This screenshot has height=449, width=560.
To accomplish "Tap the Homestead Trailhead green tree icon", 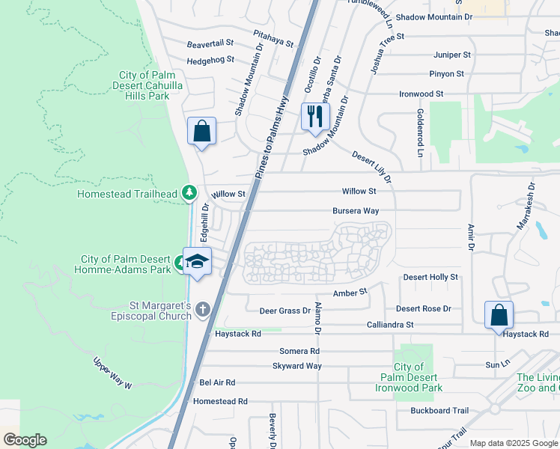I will click(190, 194).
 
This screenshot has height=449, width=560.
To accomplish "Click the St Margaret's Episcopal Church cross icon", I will click(202, 309).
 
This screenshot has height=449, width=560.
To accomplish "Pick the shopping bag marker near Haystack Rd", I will click(499, 315).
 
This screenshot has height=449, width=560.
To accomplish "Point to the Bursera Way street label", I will click(356, 211).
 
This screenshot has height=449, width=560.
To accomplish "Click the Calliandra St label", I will click(390, 325).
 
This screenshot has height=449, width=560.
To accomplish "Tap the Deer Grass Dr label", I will click(284, 311).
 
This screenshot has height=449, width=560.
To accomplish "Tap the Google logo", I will click(24, 440).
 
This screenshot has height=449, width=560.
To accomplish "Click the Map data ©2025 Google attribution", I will click(514, 443).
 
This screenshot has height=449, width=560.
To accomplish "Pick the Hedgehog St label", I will click(210, 60).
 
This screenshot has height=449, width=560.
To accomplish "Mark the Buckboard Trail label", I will click(439, 411).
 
